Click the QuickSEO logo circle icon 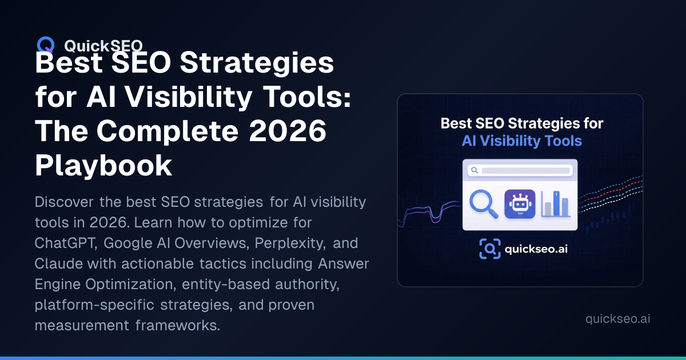[46, 45]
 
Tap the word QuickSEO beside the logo [103, 46]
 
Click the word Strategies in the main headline [257, 62]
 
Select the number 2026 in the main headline [288, 131]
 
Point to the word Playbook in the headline [103, 166]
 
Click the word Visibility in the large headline [188, 97]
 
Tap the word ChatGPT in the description [66, 243]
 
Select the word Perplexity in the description [290, 243]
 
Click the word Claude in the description [58, 263]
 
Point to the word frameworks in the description [178, 325]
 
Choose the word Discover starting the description [63, 202]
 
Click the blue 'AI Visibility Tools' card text [522, 141]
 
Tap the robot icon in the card [520, 204]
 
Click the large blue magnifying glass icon [484, 204]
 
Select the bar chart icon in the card [556, 204]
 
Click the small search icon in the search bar [474, 170]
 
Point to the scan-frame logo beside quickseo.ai [490, 249]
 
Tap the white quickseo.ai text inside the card [536, 249]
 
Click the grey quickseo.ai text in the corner [617, 319]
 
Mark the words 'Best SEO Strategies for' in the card [522, 123]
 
